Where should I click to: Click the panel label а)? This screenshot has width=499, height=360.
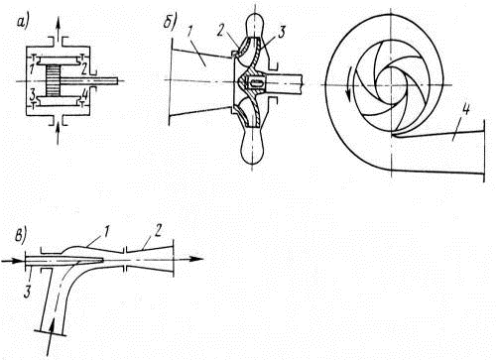pos(23,22)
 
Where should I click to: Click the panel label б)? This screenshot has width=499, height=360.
pos(171,23)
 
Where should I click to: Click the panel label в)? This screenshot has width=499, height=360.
pos(21,236)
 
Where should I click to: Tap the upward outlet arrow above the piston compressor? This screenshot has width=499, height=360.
pos(59,30)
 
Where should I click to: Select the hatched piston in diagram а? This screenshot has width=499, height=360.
pos(53,80)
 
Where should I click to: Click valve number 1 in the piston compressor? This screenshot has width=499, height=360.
pos(32,70)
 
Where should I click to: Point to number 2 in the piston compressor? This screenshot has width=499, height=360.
pos(84,69)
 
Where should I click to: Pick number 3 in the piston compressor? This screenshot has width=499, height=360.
pos(33,95)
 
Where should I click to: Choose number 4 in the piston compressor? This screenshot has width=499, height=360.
pos(84,95)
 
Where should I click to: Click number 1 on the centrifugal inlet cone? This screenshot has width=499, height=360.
pos(189,32)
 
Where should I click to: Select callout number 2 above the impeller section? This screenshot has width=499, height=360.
pos(221,31)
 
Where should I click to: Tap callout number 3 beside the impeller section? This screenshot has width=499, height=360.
pos(281,32)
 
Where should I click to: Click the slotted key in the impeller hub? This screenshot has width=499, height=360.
pos(256,82)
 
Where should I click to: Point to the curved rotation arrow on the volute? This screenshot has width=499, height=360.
pos(348,83)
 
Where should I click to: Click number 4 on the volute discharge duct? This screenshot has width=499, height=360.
pos(465,110)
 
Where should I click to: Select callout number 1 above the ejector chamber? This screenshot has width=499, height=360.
pos(105,231)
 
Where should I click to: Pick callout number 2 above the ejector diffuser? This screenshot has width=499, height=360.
pos(158,230)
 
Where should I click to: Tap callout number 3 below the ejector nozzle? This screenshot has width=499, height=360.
pos(28,293)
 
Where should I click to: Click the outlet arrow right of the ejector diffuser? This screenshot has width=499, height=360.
pos(187,259)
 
